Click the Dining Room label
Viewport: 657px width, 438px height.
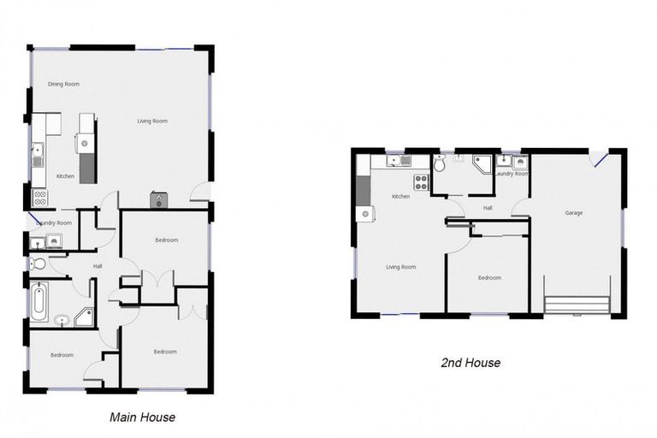click(x=63, y=84)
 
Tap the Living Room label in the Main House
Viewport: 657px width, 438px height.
click(x=152, y=121)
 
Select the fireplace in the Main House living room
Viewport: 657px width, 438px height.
click(x=159, y=200)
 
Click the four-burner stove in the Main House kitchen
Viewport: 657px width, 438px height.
click(x=39, y=198)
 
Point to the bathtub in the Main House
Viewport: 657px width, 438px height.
click(x=39, y=300)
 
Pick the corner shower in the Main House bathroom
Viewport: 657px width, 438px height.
click(x=84, y=318)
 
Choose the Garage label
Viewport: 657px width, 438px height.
click(x=573, y=213)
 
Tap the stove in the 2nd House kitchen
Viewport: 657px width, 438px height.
click(x=422, y=182)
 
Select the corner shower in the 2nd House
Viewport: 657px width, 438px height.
click(x=483, y=164)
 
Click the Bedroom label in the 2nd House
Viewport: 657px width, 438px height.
click(x=488, y=278)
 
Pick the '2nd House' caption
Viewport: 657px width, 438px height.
click(x=471, y=363)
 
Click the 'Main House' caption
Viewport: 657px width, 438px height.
click(x=143, y=417)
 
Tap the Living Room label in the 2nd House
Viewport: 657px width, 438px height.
click(x=400, y=267)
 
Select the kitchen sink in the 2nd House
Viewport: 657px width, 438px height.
click(x=395, y=161)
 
